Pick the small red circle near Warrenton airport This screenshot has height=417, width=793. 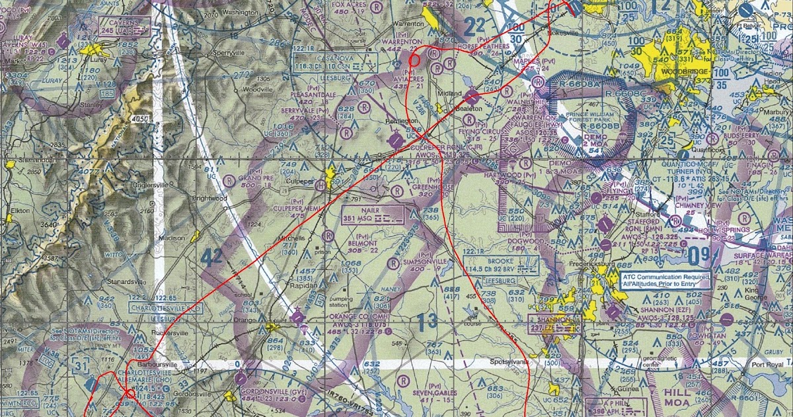click(415, 59)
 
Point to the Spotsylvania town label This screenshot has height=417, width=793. click(507, 363)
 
